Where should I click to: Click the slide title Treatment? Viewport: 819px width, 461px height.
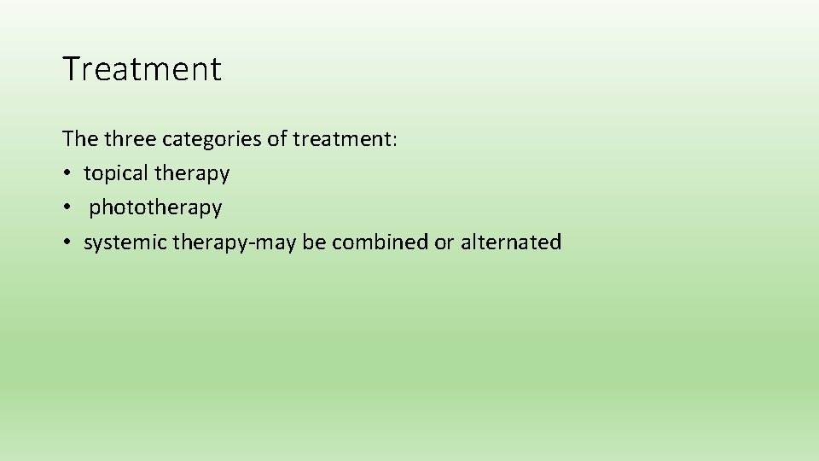(x=142, y=69)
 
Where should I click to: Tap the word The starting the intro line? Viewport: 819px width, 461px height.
(x=79, y=138)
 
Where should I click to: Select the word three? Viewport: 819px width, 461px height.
(x=129, y=138)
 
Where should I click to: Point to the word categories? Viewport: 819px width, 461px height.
(x=212, y=138)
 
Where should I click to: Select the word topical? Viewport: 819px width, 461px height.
(x=116, y=173)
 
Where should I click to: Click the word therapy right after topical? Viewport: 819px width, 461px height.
(x=192, y=173)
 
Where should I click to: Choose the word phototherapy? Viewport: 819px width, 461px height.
(x=155, y=207)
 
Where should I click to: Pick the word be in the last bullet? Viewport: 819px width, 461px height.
(x=314, y=242)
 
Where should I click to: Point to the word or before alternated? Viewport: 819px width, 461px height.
(x=444, y=242)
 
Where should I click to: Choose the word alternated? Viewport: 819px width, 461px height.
(x=511, y=242)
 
